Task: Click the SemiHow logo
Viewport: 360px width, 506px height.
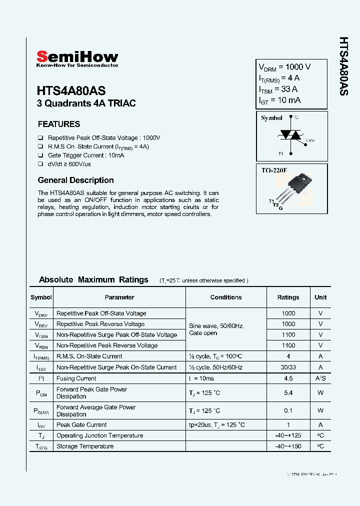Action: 77,58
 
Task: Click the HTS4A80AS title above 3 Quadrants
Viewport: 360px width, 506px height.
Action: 71,91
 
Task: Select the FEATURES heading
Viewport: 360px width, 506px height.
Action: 59,124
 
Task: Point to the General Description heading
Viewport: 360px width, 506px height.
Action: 76,180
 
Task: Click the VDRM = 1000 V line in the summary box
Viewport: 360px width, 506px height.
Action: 284,67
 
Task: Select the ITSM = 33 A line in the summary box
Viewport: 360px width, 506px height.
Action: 278,89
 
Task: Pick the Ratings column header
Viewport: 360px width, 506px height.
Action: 288,297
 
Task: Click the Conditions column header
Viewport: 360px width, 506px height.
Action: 226,297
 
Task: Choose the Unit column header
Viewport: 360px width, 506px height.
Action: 320,297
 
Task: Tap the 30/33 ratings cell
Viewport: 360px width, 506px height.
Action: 288,367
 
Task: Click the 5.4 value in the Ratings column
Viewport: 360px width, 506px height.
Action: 288,393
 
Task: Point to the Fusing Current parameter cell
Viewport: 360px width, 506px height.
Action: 76,378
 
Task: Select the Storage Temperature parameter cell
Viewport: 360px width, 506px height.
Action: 85,446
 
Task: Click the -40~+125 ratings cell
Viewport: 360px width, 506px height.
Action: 288,435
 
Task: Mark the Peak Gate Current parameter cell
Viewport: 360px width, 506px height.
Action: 81,424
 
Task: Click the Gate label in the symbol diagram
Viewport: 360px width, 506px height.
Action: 310,140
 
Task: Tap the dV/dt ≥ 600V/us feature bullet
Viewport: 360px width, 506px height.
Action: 69,164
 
